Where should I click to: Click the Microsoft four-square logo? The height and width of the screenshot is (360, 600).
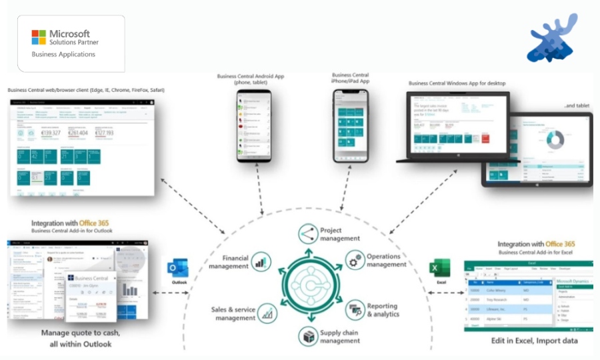(39, 37)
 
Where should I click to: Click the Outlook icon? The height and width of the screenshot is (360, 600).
(179, 269)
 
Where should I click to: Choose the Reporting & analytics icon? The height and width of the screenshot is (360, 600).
(355, 309)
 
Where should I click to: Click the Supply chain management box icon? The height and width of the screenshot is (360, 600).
(308, 335)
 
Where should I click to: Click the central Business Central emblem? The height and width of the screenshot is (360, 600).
(308, 283)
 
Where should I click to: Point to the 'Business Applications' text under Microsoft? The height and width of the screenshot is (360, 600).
(64, 54)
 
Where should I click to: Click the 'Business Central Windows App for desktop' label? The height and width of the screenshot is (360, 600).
(457, 83)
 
